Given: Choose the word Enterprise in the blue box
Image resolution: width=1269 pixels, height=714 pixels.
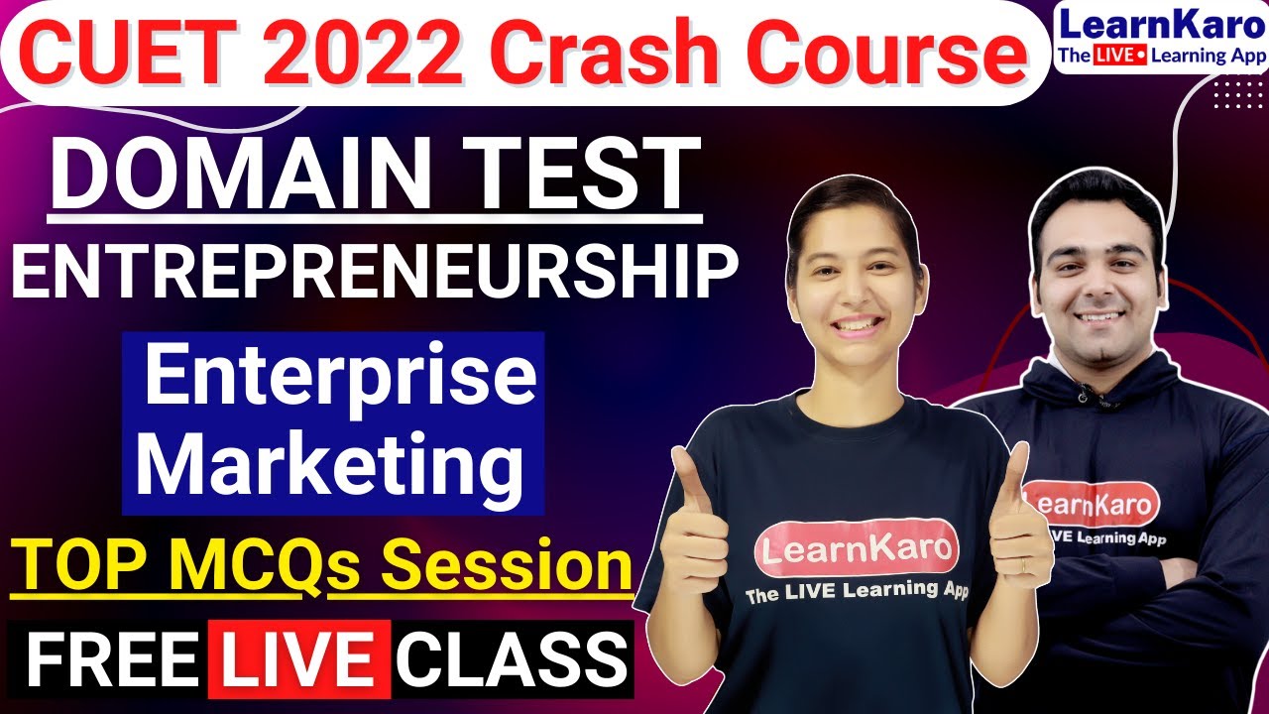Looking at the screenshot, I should click(x=340, y=380).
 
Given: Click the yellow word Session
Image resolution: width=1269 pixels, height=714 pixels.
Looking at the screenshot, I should click(x=480, y=567).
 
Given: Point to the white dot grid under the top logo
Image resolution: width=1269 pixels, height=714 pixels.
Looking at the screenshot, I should click(x=1237, y=95).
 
